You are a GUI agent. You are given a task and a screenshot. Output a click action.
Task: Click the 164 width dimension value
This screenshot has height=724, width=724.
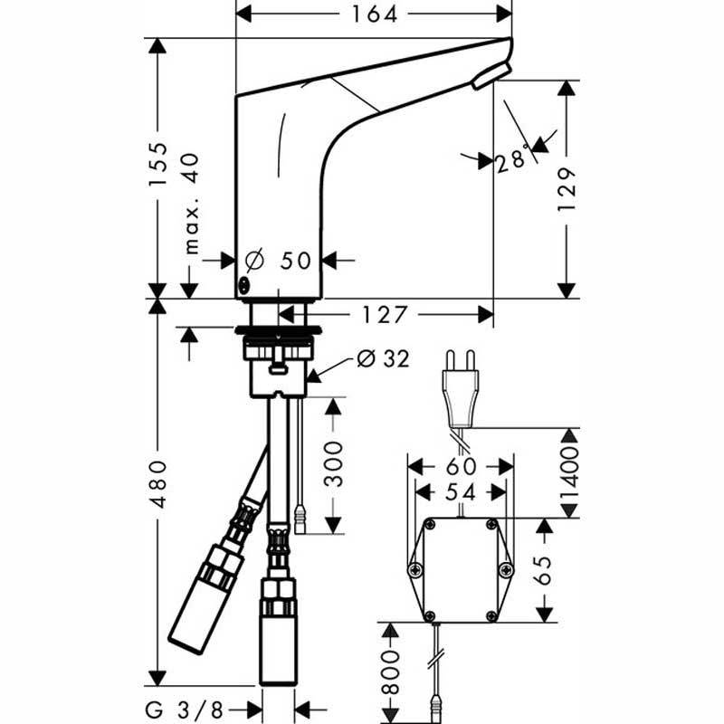tap(375, 14)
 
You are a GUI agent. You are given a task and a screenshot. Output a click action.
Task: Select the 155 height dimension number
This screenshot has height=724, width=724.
tap(157, 165)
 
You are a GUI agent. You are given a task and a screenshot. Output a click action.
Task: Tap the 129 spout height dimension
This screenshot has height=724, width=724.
tap(567, 189)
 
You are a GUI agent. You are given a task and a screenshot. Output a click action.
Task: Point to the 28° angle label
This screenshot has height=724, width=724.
tap(511, 157)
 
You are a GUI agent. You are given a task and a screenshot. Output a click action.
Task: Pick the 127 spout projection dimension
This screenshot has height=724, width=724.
tap(384, 315)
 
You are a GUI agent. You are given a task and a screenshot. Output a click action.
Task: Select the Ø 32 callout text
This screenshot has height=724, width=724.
tap(383, 358)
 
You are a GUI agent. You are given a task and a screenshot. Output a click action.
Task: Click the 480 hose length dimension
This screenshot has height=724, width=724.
tap(158, 483)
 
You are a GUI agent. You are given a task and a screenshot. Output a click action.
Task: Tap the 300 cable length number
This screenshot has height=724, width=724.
tap(333, 464)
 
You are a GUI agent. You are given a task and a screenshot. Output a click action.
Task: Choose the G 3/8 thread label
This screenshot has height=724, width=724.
tap(185, 710)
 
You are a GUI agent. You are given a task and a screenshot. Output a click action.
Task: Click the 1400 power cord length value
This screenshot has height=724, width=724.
tap(569, 474)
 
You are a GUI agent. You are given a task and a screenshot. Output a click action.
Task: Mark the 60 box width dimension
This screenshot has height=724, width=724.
tap(461, 467)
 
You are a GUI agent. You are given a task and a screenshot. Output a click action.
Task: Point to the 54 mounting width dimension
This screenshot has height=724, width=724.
tap(461, 492)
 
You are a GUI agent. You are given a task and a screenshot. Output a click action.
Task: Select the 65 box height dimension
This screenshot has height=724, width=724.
tap(545, 570)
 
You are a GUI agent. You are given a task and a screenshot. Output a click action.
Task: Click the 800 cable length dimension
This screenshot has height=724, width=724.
tap(391, 672)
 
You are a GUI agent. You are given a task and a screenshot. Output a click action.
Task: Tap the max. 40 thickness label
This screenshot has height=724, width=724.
tap(192, 204)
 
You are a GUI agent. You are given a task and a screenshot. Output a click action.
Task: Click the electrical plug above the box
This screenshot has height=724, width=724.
tap(461, 389)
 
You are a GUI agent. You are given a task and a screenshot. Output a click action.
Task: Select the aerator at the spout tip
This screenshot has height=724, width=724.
tap(491, 76)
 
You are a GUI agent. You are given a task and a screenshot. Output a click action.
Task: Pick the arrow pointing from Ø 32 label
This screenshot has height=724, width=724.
tap(330, 370)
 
